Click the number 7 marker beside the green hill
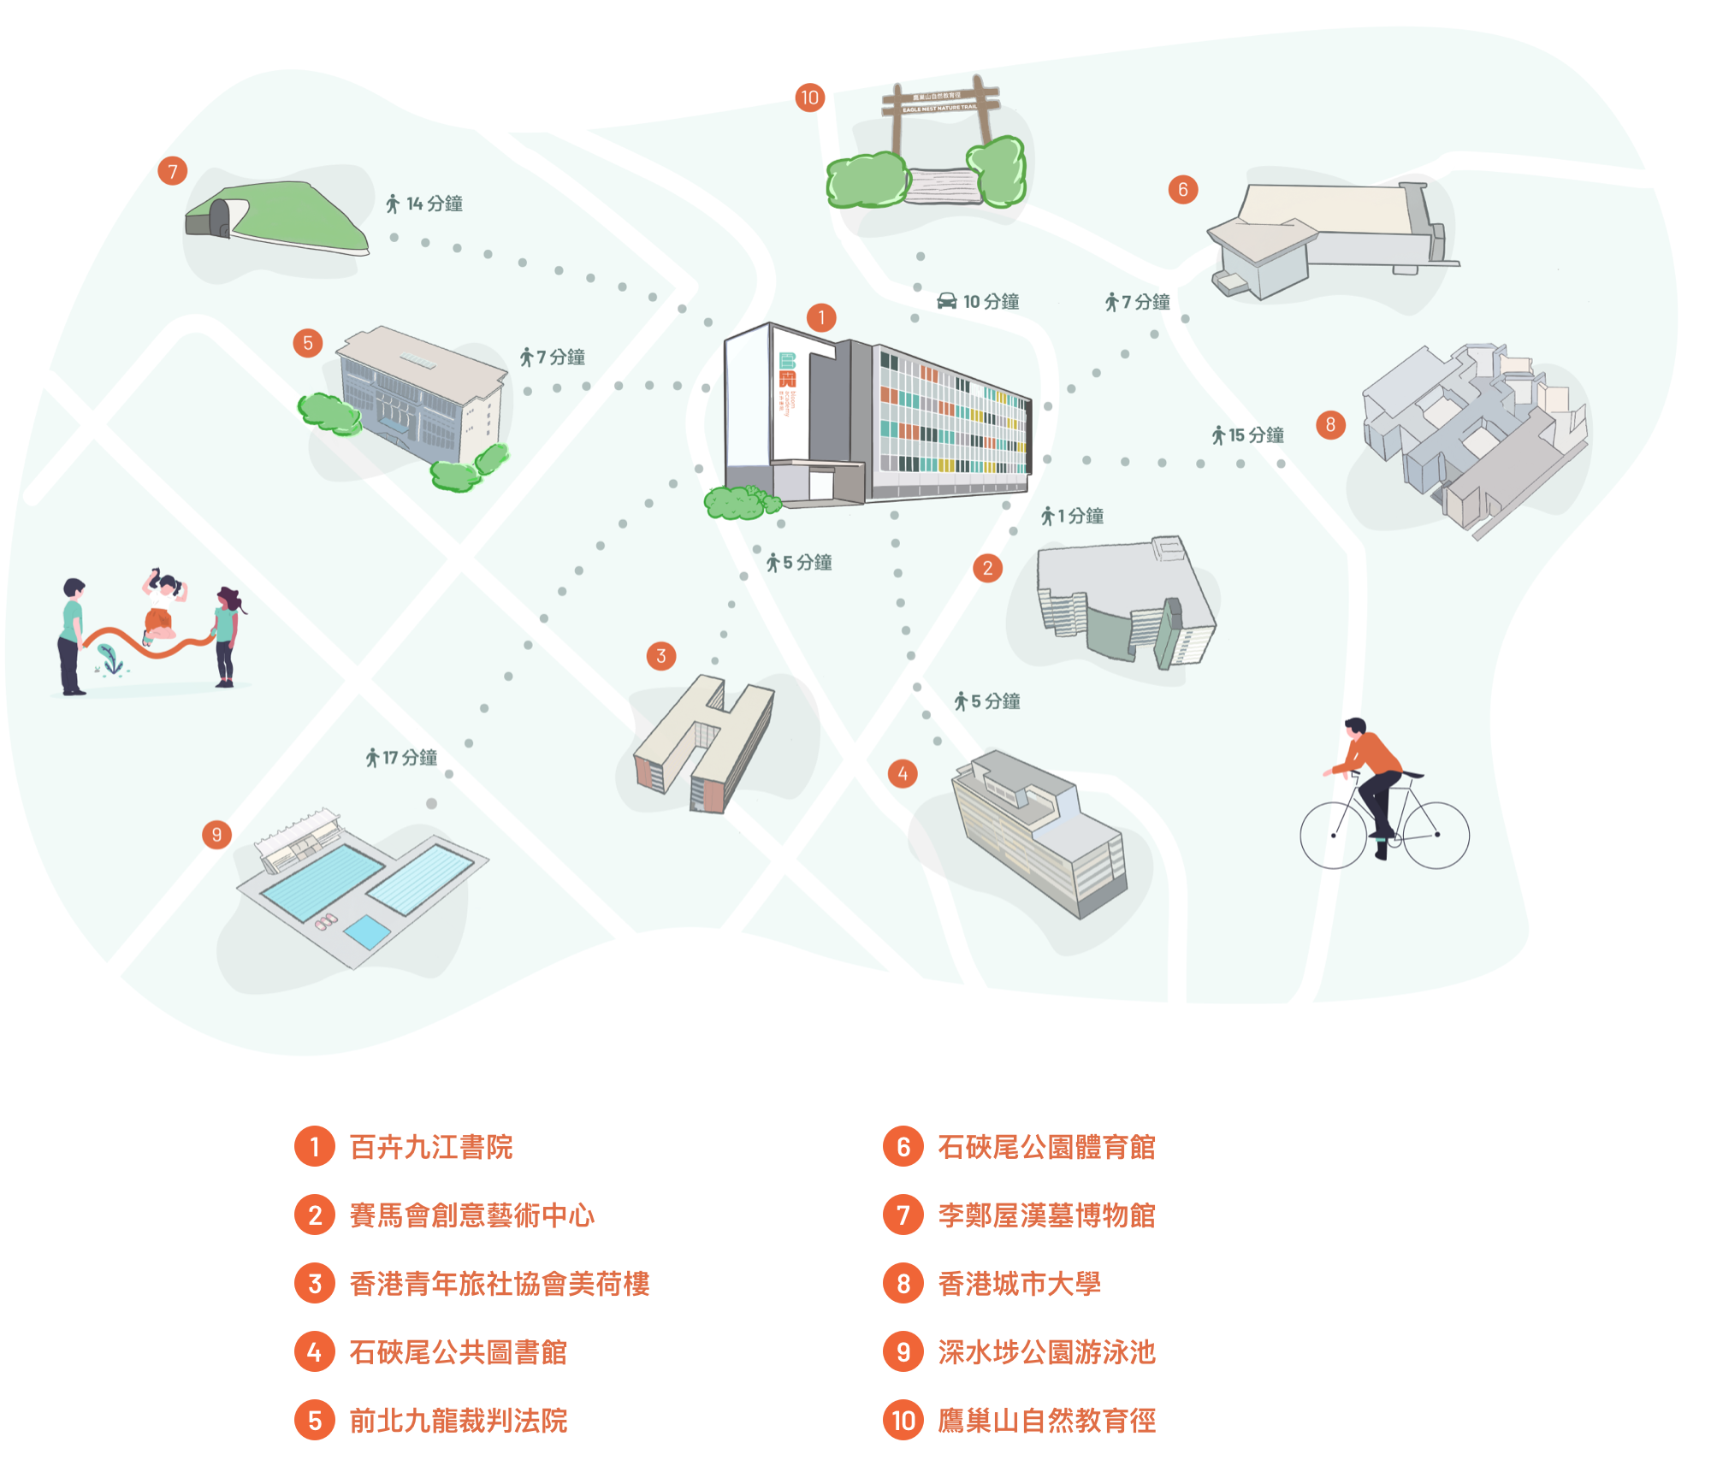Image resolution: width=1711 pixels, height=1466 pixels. click(173, 171)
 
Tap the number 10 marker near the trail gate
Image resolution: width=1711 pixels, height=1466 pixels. click(809, 98)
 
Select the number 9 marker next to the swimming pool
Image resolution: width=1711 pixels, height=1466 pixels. click(216, 835)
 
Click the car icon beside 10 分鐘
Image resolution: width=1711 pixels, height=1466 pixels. click(947, 301)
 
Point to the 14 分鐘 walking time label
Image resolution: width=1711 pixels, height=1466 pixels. click(434, 204)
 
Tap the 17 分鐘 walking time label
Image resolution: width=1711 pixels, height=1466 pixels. click(409, 758)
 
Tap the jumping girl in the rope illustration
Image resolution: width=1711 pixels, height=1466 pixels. click(162, 607)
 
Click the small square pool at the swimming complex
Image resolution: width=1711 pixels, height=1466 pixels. click(368, 931)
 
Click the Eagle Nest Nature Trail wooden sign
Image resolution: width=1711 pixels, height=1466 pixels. click(939, 103)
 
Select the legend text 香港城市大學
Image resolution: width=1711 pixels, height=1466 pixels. click(1019, 1284)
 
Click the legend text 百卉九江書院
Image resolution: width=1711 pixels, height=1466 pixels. click(431, 1147)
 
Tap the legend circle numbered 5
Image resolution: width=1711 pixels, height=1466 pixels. click(315, 1421)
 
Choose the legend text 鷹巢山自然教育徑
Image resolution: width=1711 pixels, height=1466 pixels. click(1046, 1421)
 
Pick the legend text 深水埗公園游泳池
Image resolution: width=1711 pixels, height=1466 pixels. click(1046, 1352)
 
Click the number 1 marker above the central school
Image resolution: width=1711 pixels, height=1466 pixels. click(821, 318)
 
